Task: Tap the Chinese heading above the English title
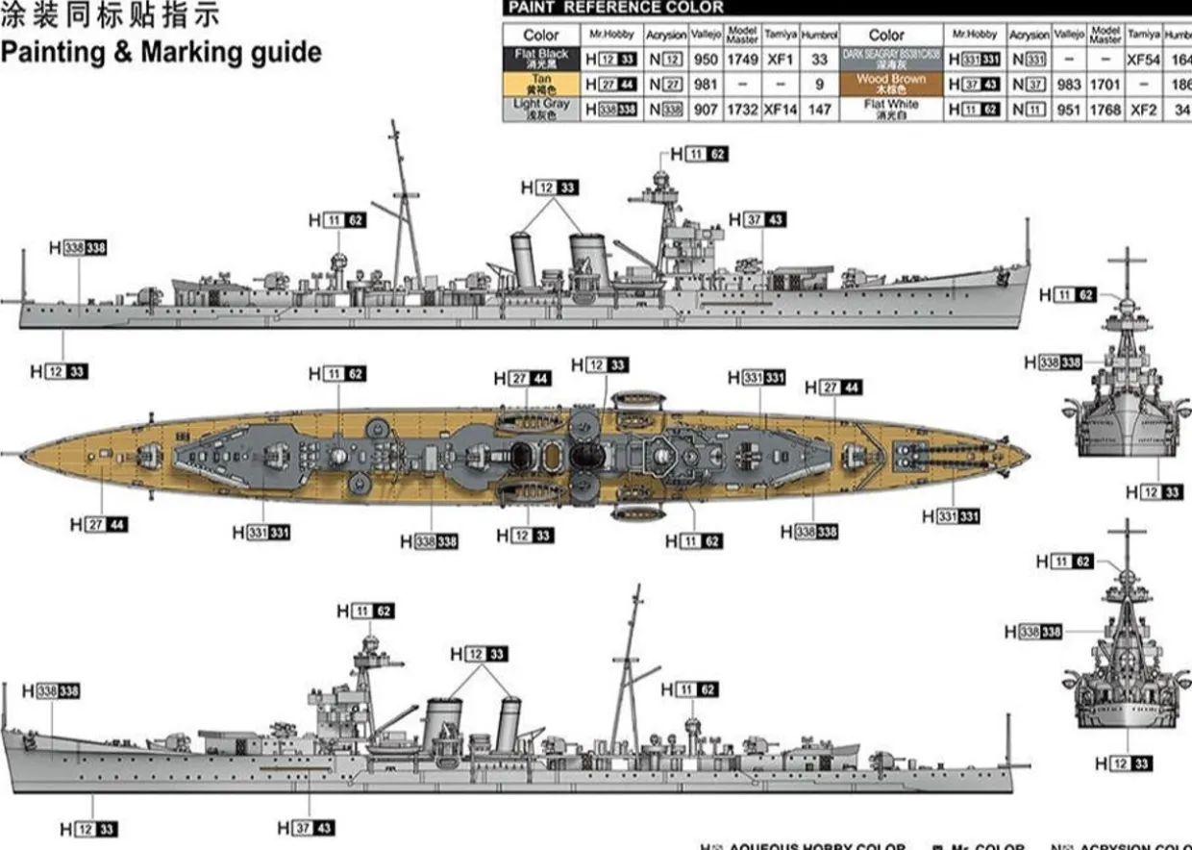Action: (x=110, y=16)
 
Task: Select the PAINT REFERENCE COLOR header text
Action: (x=615, y=8)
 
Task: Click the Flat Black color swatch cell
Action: (x=541, y=59)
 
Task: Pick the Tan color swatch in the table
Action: (x=541, y=84)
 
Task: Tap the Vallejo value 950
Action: (x=706, y=60)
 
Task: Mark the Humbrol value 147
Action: (x=819, y=110)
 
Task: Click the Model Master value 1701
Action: (x=1105, y=85)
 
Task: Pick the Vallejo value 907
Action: (x=706, y=110)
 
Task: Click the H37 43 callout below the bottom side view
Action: (x=306, y=828)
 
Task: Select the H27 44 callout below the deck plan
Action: (x=99, y=524)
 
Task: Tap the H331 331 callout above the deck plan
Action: (x=757, y=378)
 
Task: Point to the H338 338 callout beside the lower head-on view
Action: (x=1033, y=632)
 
